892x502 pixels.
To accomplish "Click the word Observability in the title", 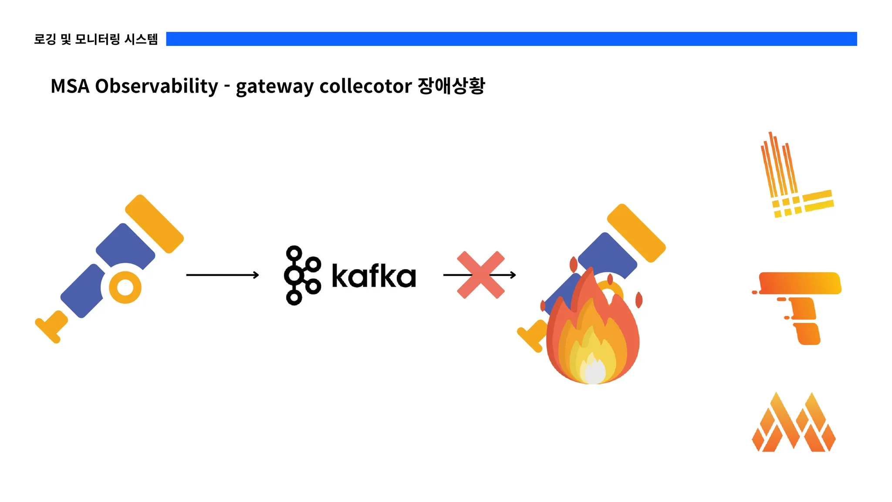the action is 156,86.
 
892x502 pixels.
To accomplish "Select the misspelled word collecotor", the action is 365,86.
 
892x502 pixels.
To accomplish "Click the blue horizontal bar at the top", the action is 511,39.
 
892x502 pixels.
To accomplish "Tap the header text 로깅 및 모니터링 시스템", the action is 96,39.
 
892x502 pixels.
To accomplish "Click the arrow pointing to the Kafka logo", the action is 223,275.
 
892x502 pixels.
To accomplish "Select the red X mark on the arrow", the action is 480,275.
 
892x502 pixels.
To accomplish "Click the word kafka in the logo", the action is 374,276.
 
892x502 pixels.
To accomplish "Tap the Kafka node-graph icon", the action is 302,275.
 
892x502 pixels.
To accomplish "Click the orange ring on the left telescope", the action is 125,288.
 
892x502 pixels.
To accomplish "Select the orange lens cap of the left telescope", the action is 154,224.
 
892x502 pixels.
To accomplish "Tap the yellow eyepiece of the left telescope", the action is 51,327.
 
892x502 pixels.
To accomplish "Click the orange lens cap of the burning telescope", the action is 636,233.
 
